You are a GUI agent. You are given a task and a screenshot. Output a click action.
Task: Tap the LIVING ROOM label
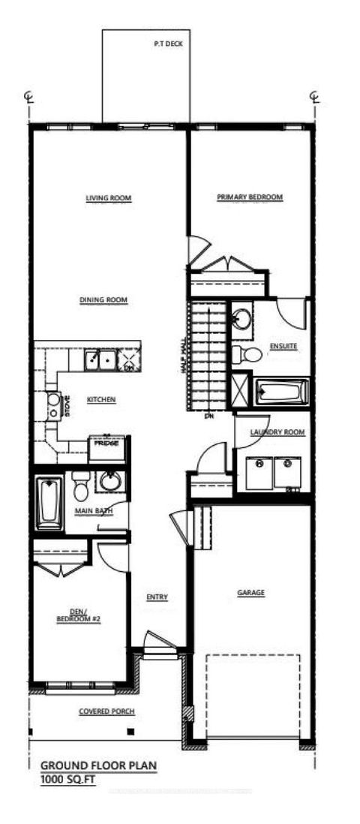click(x=109, y=198)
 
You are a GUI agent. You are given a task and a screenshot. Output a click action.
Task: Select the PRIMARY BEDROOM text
click(x=250, y=197)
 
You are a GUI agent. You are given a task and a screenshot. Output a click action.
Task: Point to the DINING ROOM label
click(x=103, y=300)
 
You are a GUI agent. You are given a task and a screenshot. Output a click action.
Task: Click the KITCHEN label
click(x=100, y=400)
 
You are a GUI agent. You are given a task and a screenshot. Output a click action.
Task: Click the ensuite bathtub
click(x=282, y=391)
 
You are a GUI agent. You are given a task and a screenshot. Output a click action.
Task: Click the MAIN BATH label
click(x=94, y=511)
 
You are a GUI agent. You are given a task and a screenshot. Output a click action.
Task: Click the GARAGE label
click(x=251, y=593)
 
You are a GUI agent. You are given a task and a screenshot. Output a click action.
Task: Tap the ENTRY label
click(x=157, y=597)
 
